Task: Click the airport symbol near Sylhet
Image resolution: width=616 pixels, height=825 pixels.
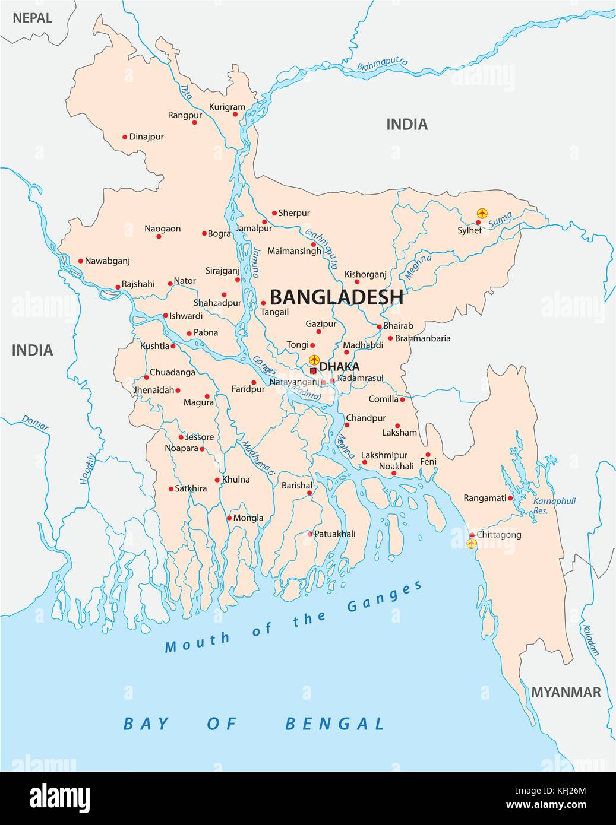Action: (x=482, y=213)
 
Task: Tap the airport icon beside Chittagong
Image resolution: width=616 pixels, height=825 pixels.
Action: (x=472, y=544)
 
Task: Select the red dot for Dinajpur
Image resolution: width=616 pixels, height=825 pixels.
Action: (x=125, y=137)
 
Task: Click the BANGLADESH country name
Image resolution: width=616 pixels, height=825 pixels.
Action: (x=336, y=297)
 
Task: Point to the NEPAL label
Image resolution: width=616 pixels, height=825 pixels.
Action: (x=33, y=18)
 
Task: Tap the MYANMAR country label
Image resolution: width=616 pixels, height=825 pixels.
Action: (x=566, y=692)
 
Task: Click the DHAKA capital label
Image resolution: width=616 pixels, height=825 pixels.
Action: (x=339, y=367)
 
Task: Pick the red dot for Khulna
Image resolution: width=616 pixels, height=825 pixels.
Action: (x=217, y=480)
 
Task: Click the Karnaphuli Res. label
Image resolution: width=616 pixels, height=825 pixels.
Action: (x=554, y=505)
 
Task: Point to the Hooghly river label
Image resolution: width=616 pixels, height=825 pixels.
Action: (x=87, y=468)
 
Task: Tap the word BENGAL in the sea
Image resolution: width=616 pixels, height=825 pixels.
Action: (x=335, y=724)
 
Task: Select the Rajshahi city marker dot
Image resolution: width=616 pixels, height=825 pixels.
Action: (x=118, y=287)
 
